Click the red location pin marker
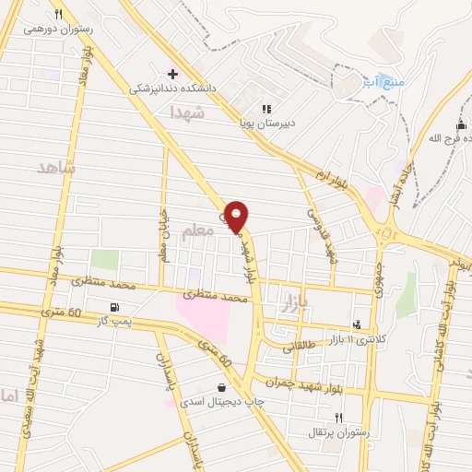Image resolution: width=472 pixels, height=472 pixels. click(238, 217)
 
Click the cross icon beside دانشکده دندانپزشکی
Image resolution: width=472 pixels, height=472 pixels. click(172, 73)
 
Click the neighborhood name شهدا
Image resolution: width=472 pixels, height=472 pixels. click(187, 112)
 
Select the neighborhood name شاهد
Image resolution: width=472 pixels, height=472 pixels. click(55, 167)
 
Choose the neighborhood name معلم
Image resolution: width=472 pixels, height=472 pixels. click(197, 235)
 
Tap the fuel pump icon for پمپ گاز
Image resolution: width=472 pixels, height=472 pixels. click(113, 307)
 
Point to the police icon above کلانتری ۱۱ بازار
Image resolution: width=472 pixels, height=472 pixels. click(357, 324)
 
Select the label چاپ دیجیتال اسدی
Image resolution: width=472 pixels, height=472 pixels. click(219, 402)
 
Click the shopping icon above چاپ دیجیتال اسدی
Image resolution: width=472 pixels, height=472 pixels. click(220, 387)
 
